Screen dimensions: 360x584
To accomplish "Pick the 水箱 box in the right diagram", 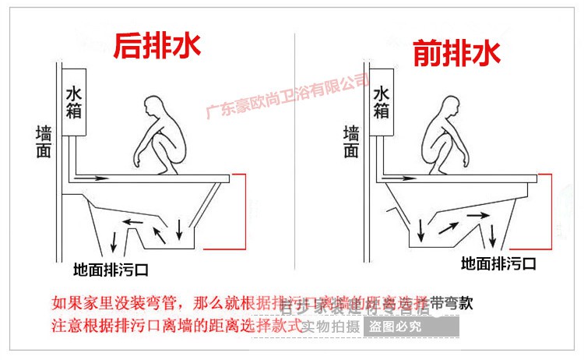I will [381, 103].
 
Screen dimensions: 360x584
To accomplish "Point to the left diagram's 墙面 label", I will [44, 141].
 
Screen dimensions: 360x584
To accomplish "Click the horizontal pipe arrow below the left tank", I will [93, 178].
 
